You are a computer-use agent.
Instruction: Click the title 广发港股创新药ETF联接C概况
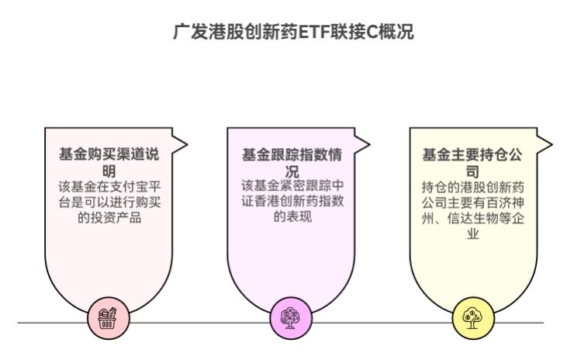[x=282, y=34]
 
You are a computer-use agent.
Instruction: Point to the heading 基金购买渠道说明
[x=109, y=162]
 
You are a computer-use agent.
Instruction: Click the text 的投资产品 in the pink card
[x=109, y=218]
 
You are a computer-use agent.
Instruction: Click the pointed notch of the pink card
[x=184, y=144]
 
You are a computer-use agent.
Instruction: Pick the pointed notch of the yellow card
[x=548, y=144]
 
